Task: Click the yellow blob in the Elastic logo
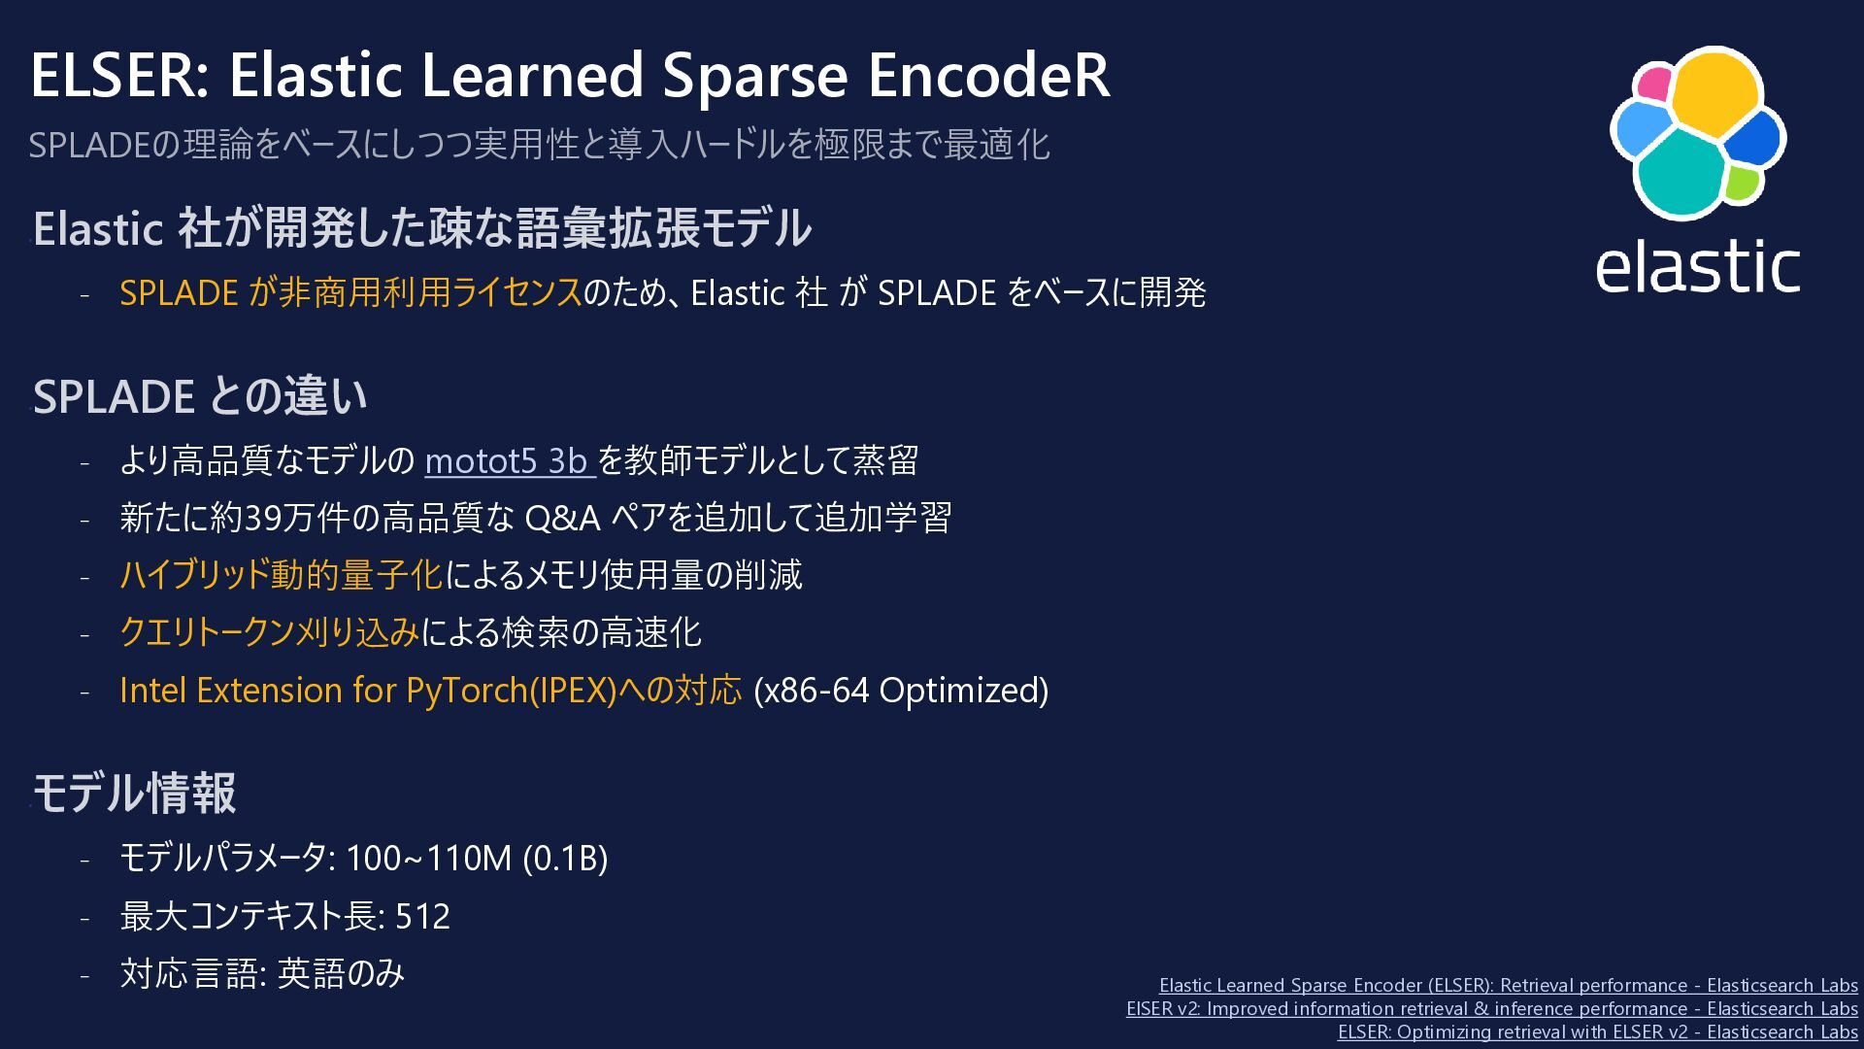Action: [x=1714, y=92]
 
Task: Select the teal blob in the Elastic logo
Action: [x=1681, y=173]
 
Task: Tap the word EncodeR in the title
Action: [x=989, y=75]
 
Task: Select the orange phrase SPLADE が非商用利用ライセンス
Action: [x=350, y=292]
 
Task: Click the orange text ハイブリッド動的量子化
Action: [x=282, y=575]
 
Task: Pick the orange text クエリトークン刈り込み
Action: [x=270, y=632]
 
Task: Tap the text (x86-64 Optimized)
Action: [x=901, y=691]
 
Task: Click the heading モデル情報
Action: [x=135, y=793]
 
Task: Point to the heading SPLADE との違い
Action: [x=200, y=396]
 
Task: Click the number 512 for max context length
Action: [x=422, y=916]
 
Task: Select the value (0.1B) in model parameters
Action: [x=565, y=859]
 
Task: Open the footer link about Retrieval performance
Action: [x=1509, y=985]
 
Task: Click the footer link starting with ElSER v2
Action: [x=1492, y=1008]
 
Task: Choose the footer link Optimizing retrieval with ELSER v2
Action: [x=1598, y=1032]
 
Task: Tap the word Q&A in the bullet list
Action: [x=562, y=518]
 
